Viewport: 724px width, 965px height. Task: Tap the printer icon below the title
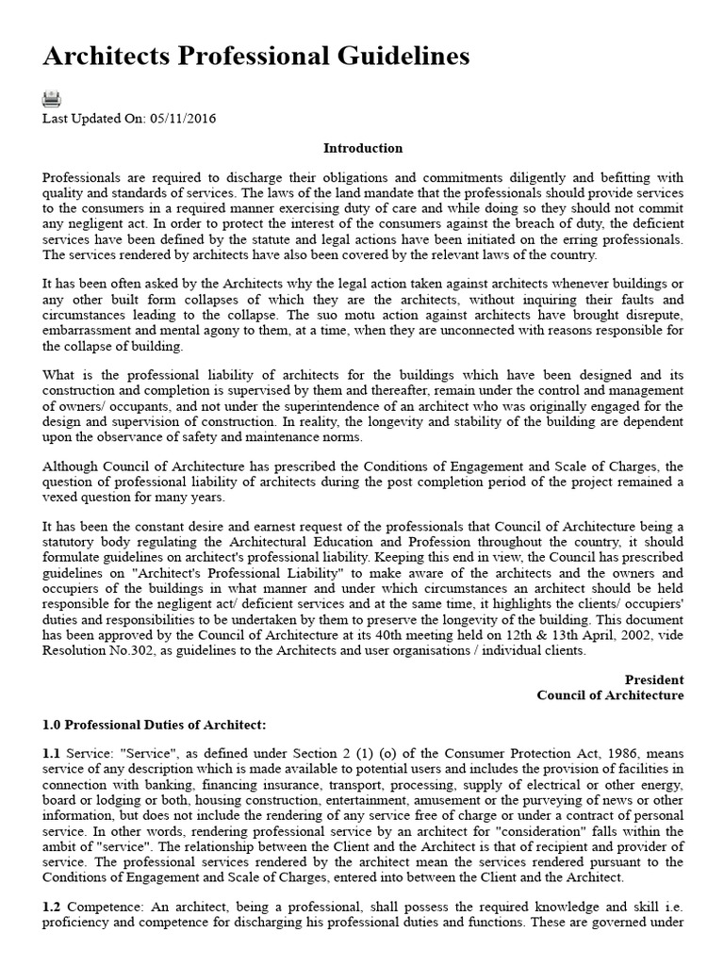[x=52, y=99]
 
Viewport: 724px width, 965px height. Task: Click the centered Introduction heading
[x=362, y=148]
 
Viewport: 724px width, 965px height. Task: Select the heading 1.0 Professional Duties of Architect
[x=156, y=725]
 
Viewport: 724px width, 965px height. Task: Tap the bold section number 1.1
[x=51, y=754]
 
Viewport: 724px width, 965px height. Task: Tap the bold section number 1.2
[x=51, y=906]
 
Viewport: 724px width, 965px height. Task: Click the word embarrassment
[x=86, y=331]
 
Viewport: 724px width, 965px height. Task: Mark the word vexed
[x=59, y=497]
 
